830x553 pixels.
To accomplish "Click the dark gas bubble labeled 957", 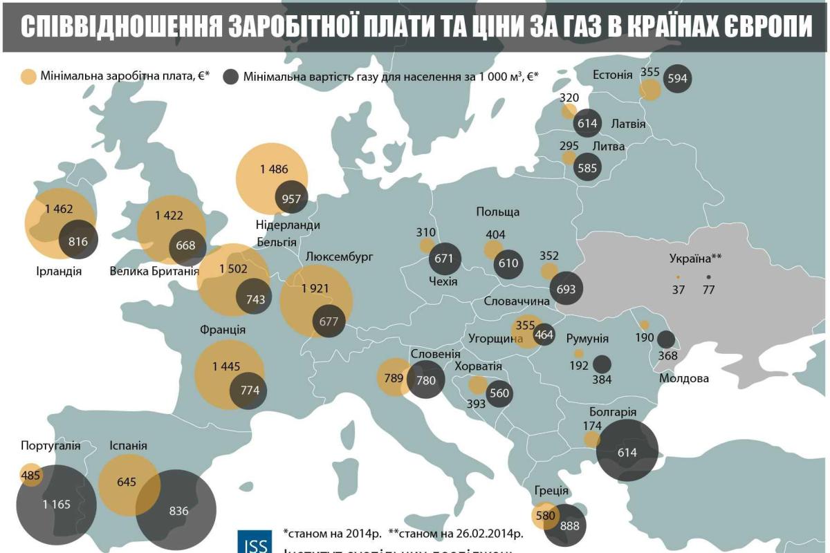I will coord(291,198).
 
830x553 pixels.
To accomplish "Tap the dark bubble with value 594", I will coord(677,78).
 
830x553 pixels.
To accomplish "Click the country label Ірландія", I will coord(59,271).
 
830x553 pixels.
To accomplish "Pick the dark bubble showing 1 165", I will coord(55,504).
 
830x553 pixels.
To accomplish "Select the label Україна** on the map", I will coord(695,259).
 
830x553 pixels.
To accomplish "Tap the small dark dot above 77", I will coord(708,277).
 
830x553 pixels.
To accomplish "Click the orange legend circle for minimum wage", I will coord(28,77).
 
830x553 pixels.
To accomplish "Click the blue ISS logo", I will coord(254,542).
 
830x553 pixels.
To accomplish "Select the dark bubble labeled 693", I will coord(566,289).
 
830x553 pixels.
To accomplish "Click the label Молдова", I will coord(683,379).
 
